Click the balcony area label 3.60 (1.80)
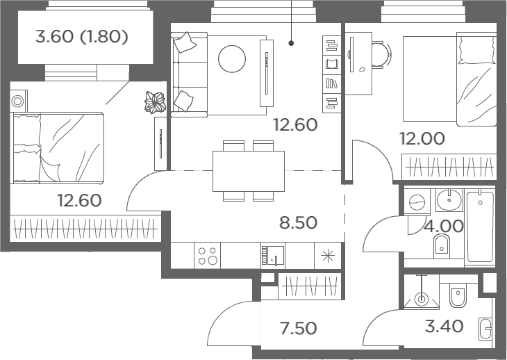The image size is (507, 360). click(x=81, y=37)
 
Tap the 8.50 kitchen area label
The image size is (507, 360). click(x=298, y=222)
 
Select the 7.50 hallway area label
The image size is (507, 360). click(x=298, y=328)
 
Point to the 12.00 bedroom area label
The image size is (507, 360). click(x=422, y=138)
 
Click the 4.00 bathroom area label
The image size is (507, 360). click(x=444, y=226)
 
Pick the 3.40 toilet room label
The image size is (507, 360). click(x=444, y=326)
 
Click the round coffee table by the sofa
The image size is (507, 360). click(x=232, y=59)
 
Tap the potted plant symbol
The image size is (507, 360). click(x=155, y=102)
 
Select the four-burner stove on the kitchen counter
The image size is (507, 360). click(x=207, y=256)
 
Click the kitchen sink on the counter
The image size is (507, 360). click(x=273, y=256)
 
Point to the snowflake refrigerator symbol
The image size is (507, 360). click(x=328, y=256)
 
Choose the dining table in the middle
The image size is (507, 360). click(x=249, y=171)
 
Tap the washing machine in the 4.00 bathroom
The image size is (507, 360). click(x=417, y=202)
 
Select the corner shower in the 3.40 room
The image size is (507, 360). click(x=422, y=292)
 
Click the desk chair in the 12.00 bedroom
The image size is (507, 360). click(x=381, y=54)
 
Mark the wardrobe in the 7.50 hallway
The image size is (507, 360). click(x=310, y=286)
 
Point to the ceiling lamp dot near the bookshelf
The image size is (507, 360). click(x=291, y=42)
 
